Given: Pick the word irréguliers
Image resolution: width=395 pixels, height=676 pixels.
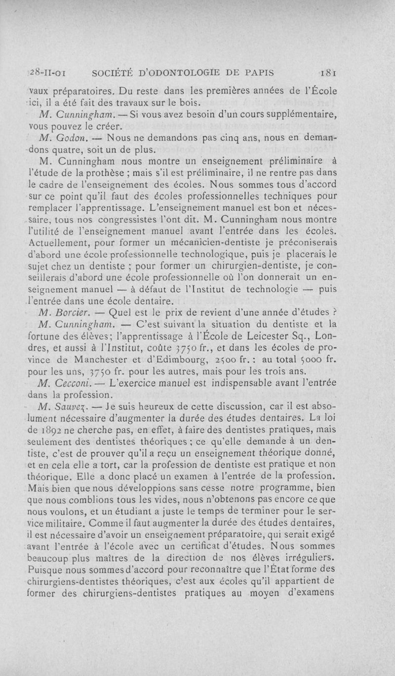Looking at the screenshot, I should (307, 559).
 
